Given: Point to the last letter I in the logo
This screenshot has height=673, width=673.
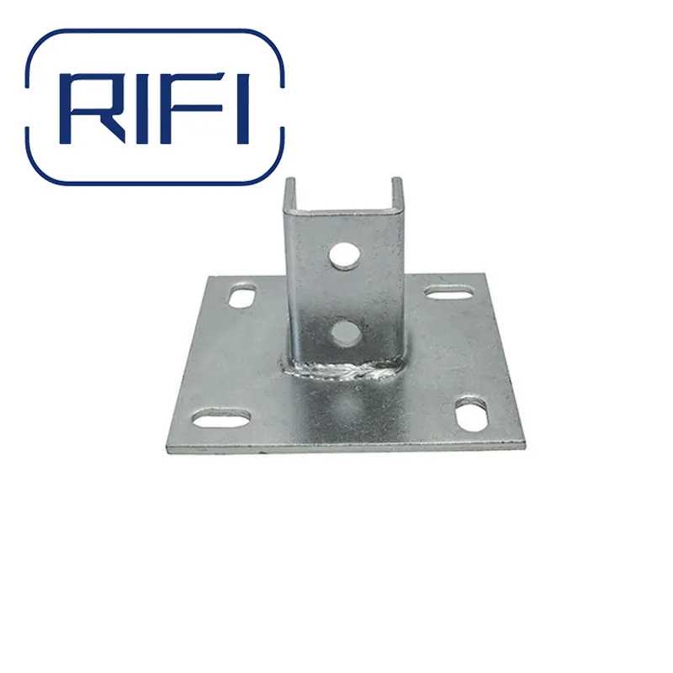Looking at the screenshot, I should [243, 108].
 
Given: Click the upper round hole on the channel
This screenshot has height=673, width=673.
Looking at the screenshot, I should [342, 256].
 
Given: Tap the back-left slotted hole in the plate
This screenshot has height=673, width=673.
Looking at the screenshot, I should [241, 297].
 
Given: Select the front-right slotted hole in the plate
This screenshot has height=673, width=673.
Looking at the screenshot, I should [472, 414].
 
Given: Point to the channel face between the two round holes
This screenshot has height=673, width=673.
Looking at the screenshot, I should [343, 294].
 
